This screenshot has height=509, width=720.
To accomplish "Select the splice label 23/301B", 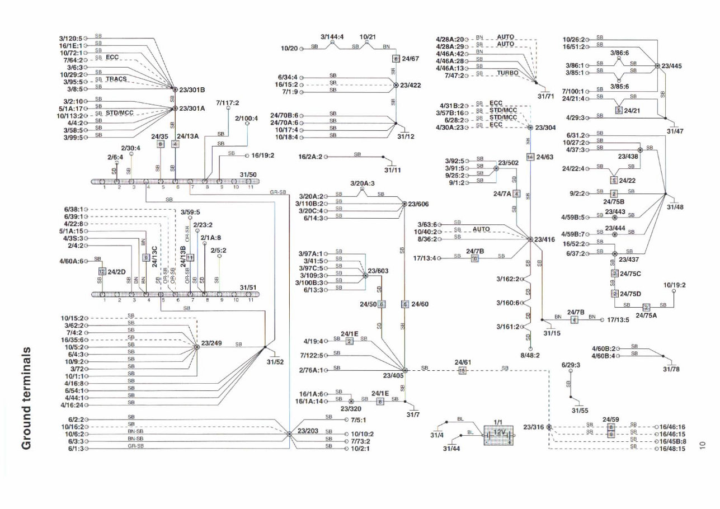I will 192,89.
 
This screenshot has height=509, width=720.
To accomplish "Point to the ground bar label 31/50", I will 248,175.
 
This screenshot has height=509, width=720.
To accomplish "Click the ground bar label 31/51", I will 248,288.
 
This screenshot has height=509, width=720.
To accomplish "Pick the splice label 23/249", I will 212,343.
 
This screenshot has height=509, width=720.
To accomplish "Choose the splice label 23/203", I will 308,431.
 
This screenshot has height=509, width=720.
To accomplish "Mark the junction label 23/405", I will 393,376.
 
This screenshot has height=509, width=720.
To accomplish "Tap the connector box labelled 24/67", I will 396,58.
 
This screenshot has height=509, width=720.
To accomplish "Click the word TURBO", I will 507,73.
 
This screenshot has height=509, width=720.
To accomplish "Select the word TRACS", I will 116,79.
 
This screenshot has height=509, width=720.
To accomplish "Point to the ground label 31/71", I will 545,96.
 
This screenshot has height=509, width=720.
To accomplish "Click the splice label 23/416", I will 544,239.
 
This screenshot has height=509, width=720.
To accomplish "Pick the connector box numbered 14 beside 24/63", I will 530,157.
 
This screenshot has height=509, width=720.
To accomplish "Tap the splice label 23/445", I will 671,66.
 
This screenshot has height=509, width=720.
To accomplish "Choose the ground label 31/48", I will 675,206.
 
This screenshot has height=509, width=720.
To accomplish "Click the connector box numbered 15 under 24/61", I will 462,370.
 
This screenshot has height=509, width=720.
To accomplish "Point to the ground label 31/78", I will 671,369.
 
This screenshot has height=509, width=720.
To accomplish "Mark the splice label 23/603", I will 378,271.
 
